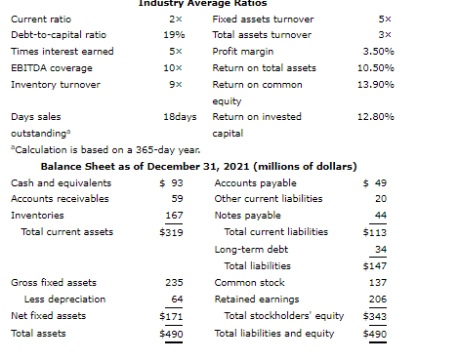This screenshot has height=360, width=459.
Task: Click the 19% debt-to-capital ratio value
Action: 174,35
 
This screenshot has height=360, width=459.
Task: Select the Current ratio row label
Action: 41,20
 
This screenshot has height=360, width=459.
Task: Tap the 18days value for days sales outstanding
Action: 180,117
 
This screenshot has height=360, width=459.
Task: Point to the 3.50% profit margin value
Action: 379,52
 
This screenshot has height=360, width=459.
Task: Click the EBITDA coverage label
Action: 52,68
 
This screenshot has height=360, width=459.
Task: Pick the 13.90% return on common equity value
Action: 376,85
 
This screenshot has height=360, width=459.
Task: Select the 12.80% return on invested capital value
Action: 376,117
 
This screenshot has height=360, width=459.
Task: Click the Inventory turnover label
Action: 56,85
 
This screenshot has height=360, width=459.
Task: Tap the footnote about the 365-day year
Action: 105,150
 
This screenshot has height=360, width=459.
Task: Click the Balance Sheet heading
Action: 199,167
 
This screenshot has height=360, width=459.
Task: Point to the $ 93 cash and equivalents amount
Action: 171,183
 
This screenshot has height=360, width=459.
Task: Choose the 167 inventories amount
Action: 174,216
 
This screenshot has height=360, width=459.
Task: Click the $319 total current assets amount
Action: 171,232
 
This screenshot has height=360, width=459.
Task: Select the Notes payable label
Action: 248,216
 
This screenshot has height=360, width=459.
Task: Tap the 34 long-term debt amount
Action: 381,250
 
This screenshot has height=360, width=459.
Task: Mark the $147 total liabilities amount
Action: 375,266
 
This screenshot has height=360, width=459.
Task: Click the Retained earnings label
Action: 257,300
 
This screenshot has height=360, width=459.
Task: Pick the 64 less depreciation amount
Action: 177,300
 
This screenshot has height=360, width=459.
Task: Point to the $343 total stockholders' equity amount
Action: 375,316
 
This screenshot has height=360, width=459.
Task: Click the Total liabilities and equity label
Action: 274,334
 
